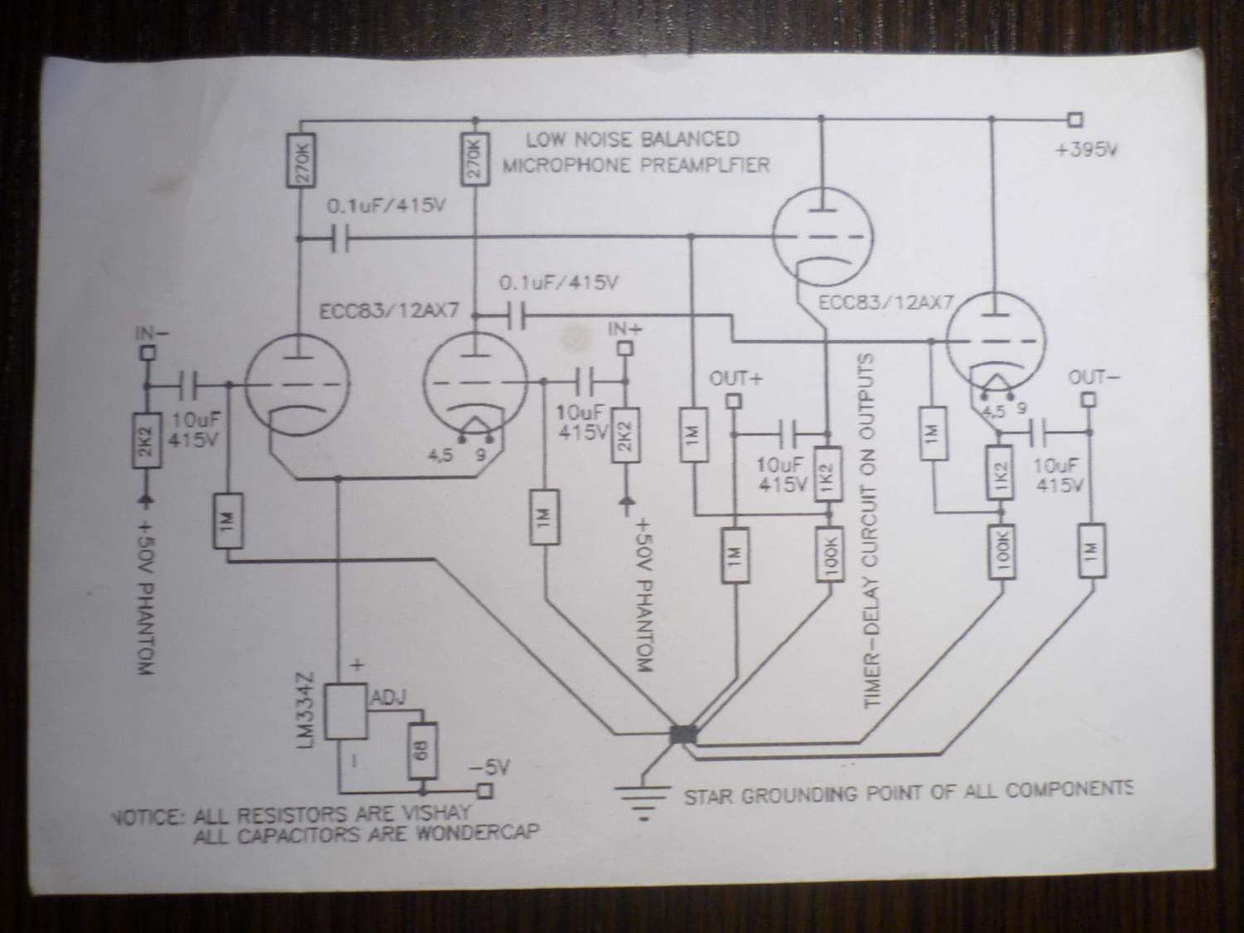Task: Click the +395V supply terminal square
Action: tap(1075, 119)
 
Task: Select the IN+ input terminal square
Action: tap(624, 348)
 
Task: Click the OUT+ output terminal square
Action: tap(733, 401)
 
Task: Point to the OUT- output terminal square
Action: tap(1088, 400)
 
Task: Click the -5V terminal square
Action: tap(485, 791)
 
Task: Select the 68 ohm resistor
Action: tap(423, 751)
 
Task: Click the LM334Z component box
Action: tap(346, 712)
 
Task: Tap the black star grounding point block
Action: tap(683, 735)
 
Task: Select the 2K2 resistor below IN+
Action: tap(624, 435)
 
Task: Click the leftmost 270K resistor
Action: tap(300, 160)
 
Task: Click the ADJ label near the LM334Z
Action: tap(388, 698)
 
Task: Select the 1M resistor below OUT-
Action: tap(1092, 551)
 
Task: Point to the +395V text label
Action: tap(1086, 151)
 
